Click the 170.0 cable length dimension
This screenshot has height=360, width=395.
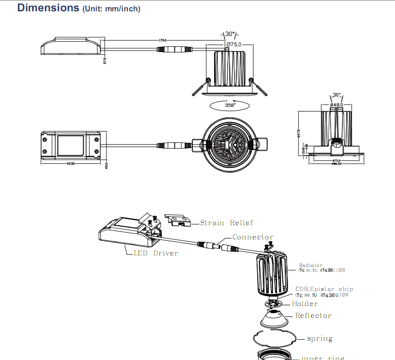tap(162, 41)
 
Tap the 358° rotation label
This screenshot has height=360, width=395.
tap(230, 105)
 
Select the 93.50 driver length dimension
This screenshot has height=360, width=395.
tap(71, 163)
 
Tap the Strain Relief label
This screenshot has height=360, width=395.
tap(226, 222)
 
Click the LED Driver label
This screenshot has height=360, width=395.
tap(156, 253)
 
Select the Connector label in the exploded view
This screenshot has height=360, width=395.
tap(253, 237)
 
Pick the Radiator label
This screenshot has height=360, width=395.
tap(311, 265)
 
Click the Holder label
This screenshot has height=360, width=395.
tap(305, 304)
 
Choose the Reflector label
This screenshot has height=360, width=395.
tap(313, 316)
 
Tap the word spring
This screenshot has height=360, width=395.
tap(320, 339)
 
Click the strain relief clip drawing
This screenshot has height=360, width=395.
tap(178, 219)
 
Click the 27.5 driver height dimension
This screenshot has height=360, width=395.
tap(105, 61)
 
